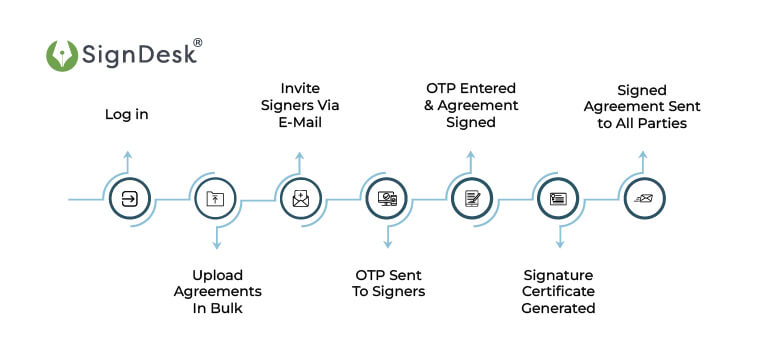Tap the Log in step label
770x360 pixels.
click(x=127, y=115)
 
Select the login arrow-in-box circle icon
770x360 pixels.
click(x=129, y=199)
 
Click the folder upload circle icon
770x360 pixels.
click(x=215, y=199)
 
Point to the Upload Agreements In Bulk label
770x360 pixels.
click(x=218, y=291)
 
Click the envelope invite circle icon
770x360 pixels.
click(x=300, y=199)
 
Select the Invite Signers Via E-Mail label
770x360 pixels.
click(x=300, y=106)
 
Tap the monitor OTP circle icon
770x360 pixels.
click(x=386, y=199)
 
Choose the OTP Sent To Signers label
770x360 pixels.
click(x=389, y=283)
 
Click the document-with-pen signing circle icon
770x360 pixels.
click(x=471, y=199)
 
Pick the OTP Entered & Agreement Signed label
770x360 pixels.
click(x=471, y=106)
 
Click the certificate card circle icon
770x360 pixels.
click(x=558, y=199)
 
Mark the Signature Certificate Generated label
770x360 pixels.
click(x=558, y=291)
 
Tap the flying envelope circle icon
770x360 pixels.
click(x=642, y=199)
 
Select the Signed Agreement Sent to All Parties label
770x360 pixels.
click(x=644, y=106)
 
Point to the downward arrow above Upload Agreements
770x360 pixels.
click(x=217, y=241)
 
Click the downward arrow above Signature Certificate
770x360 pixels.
click(x=560, y=241)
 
